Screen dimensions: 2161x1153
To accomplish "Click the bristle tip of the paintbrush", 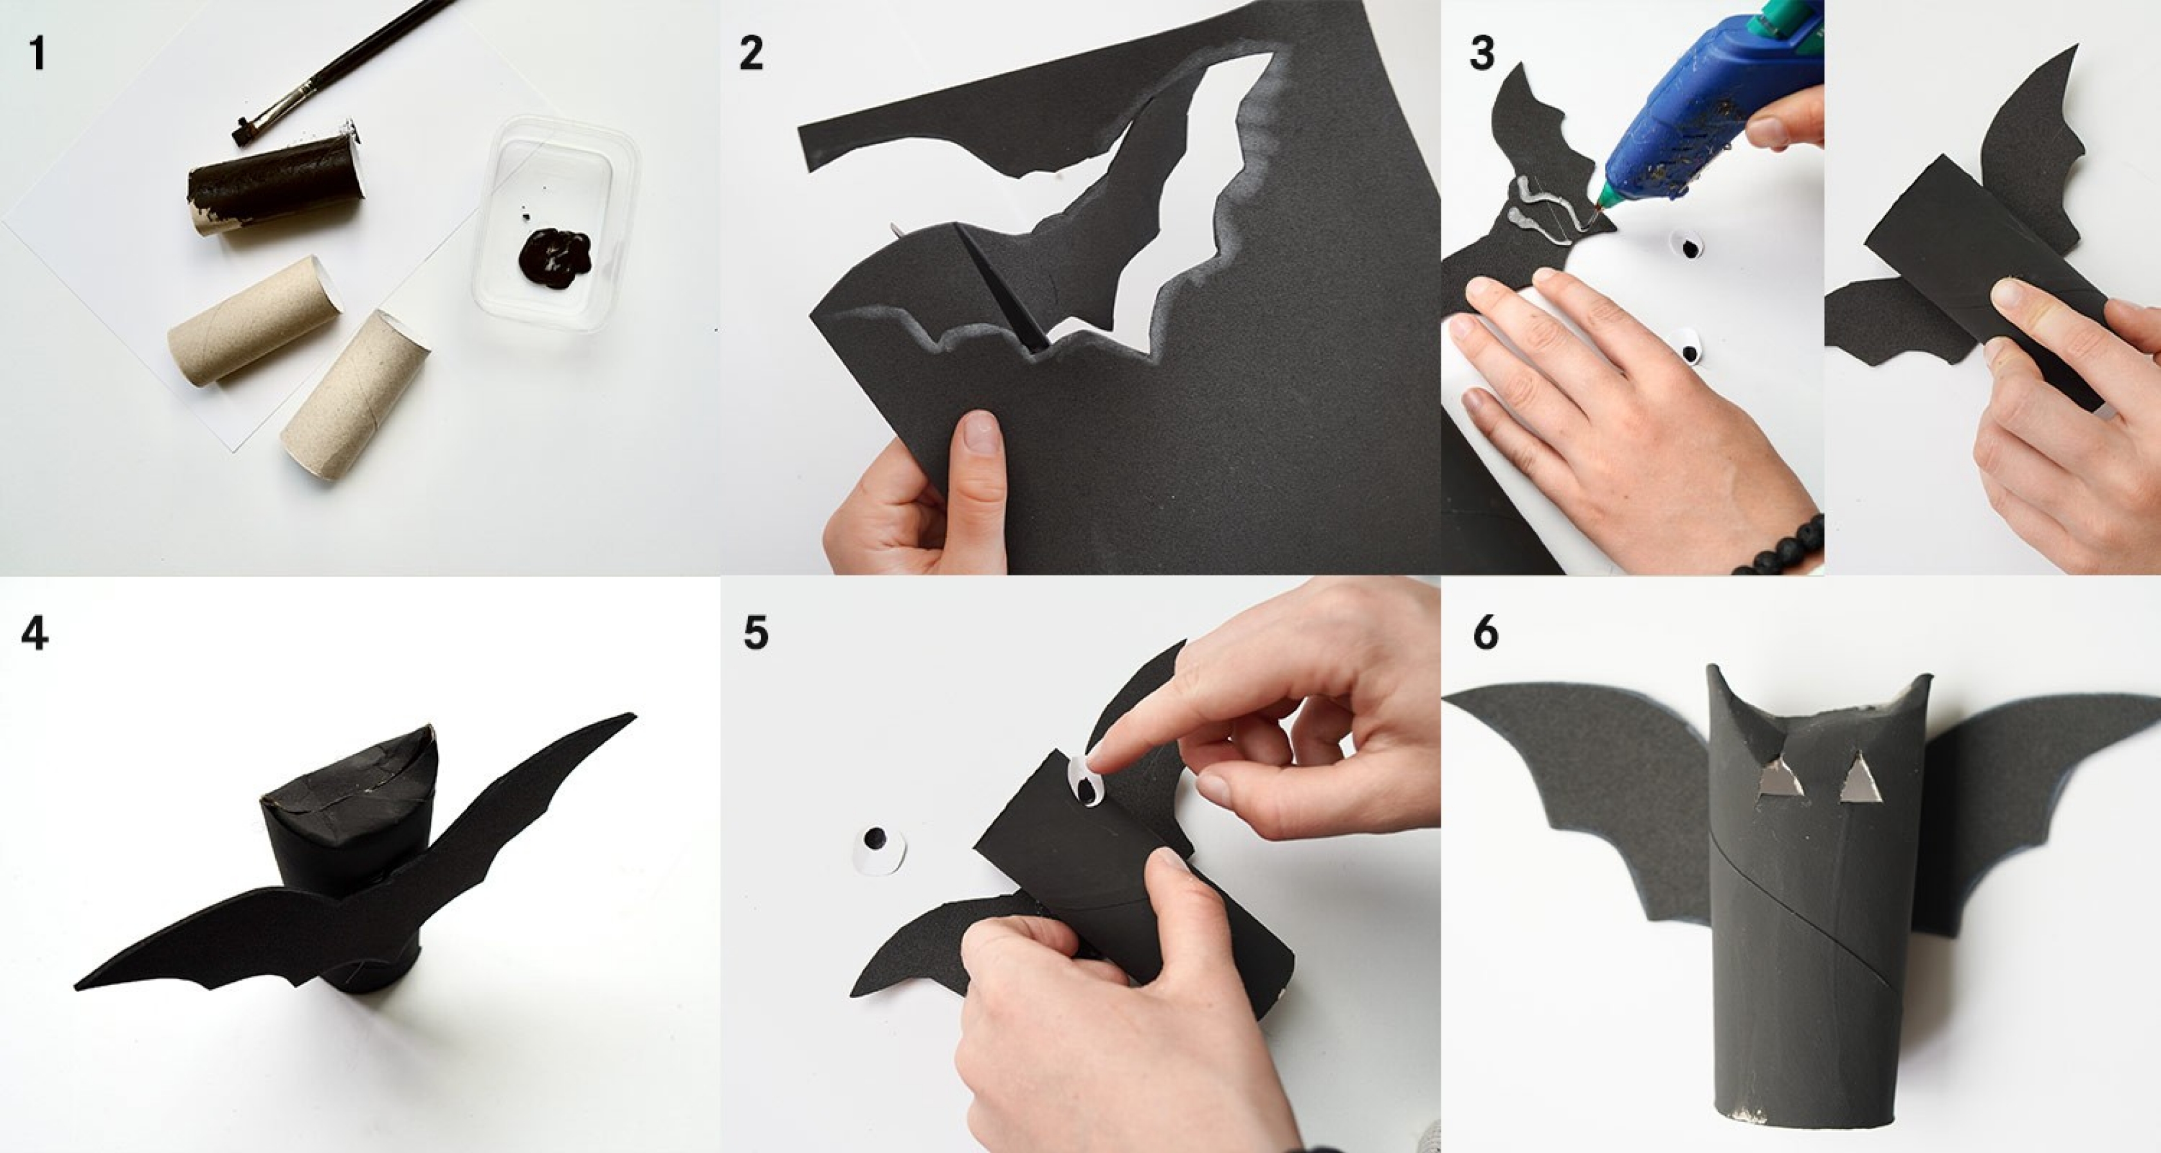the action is (243, 133).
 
